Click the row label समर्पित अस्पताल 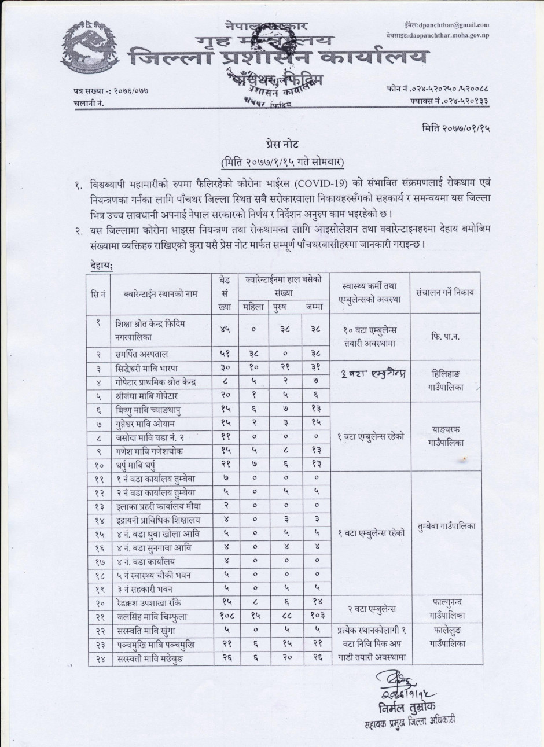click(142, 353)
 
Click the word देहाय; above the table click(102, 265)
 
